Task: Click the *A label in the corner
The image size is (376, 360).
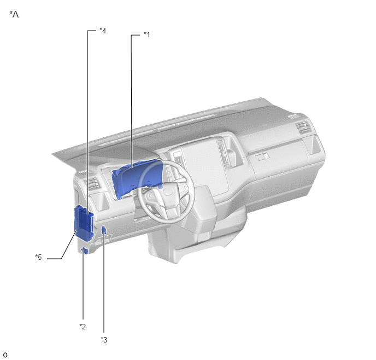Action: tap(14, 14)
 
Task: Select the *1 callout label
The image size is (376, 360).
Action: tap(147, 34)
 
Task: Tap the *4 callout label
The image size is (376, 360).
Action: tap(103, 31)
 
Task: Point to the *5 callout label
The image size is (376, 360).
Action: tap(38, 257)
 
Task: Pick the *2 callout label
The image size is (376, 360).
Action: tap(83, 327)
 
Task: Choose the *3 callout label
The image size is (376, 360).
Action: tap(104, 340)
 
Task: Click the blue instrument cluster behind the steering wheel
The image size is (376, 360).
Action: tap(137, 178)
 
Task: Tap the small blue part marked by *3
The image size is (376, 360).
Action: tap(104, 230)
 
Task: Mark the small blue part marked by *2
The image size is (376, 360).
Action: tap(85, 251)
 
